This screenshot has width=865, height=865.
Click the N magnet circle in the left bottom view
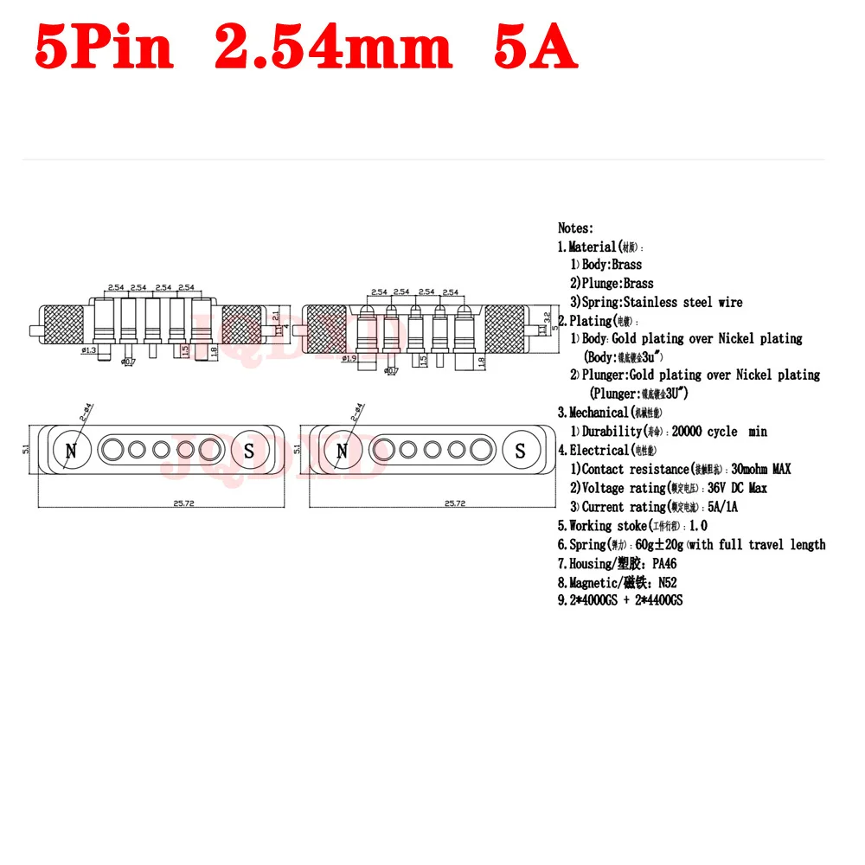tap(71, 450)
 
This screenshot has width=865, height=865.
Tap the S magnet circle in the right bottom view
tap(521, 450)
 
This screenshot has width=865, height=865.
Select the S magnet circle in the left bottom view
tap(249, 450)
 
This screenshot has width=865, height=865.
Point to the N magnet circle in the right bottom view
tap(343, 450)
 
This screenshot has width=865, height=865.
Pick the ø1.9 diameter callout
tap(349, 357)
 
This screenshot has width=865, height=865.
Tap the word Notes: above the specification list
tap(575, 228)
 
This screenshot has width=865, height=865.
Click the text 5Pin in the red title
tap(104, 48)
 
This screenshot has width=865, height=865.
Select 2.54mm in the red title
tap(332, 48)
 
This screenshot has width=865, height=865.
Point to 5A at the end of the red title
tap(534, 48)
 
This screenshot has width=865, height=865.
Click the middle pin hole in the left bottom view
tap(160, 450)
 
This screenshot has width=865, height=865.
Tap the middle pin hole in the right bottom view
tap(432, 450)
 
